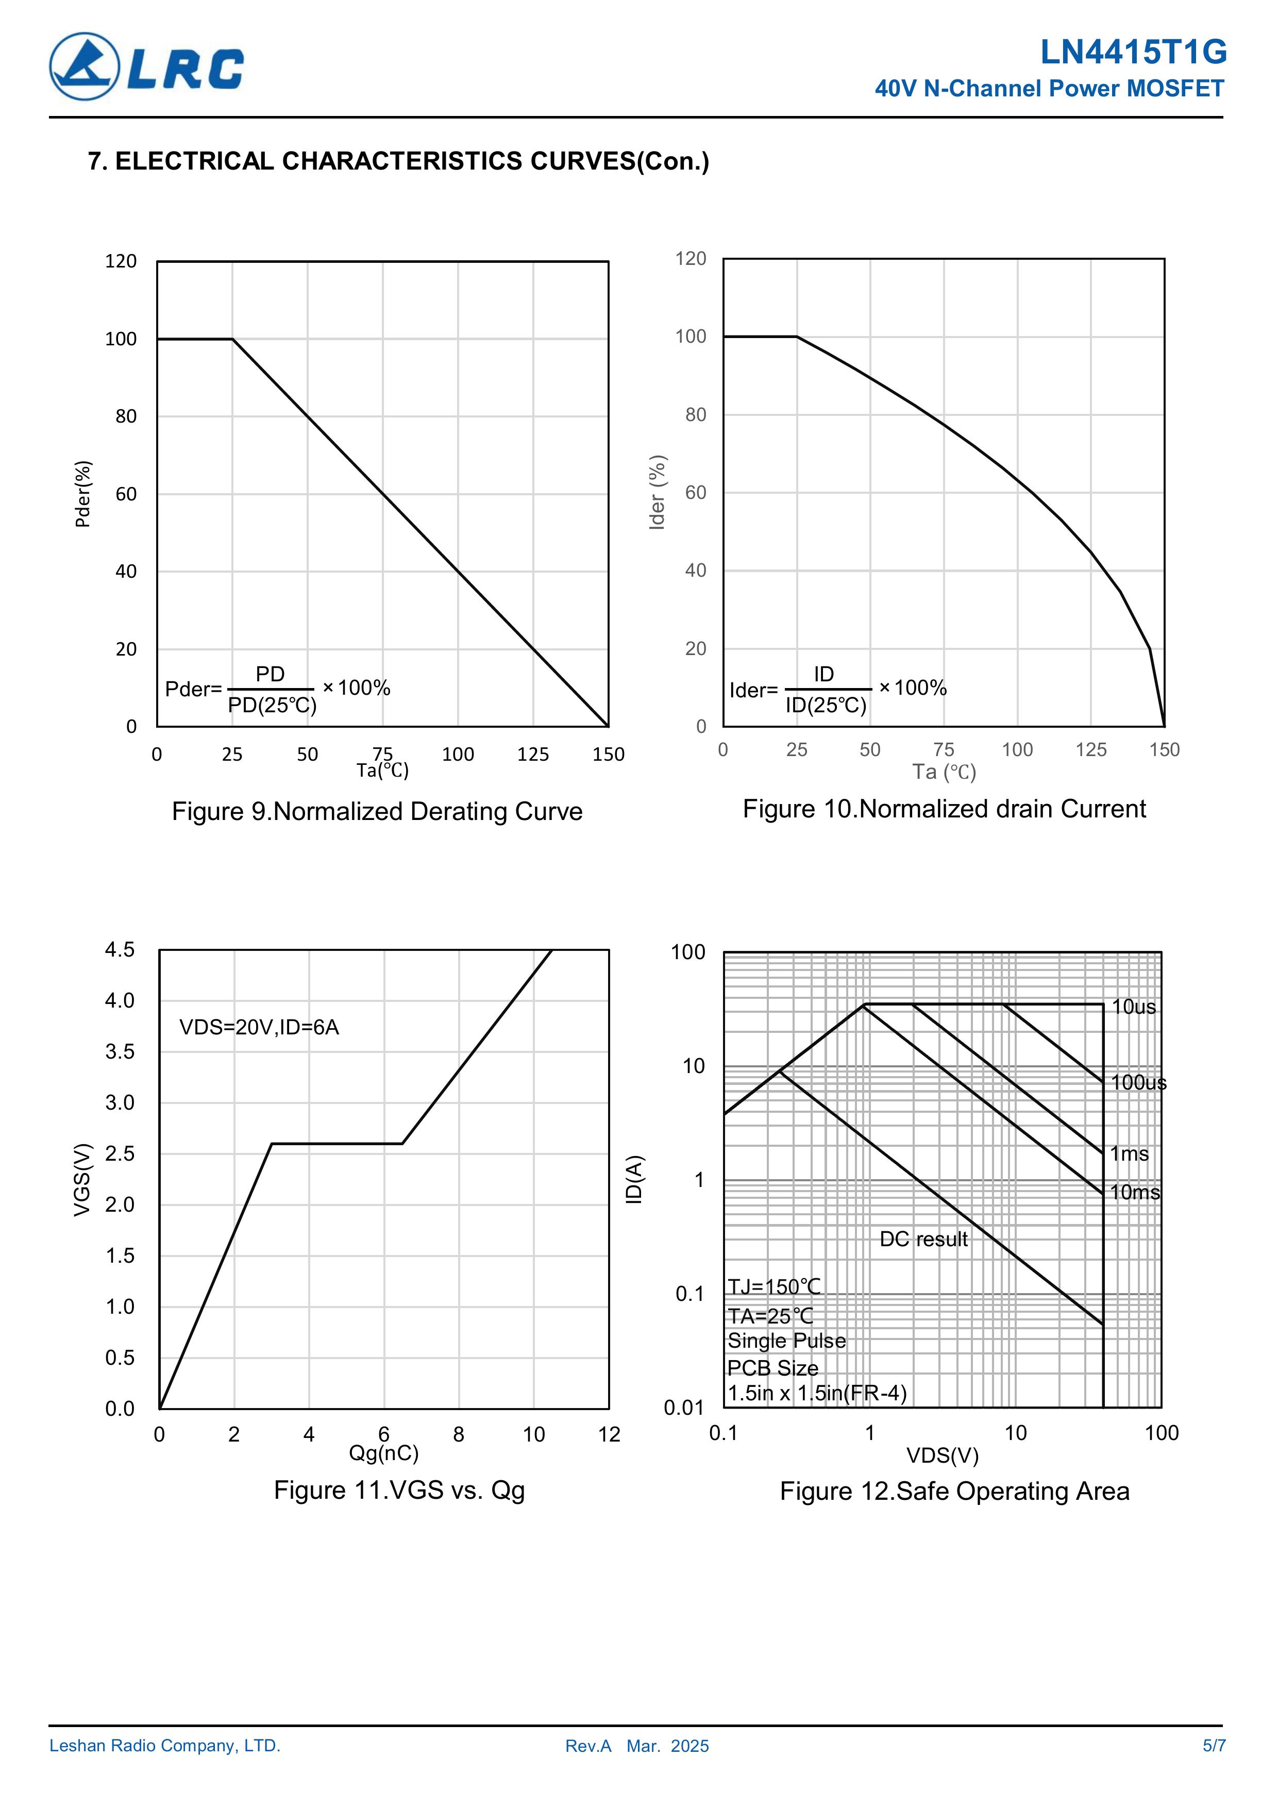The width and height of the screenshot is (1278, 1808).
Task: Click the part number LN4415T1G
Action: (1132, 53)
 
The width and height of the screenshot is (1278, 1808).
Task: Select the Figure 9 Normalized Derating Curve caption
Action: (377, 811)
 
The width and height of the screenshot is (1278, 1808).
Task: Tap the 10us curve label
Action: (1133, 1007)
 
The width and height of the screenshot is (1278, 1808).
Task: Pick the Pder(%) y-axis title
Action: (82, 494)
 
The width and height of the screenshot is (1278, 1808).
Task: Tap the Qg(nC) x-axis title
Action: (383, 1453)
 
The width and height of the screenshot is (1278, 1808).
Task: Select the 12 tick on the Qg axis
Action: (609, 1435)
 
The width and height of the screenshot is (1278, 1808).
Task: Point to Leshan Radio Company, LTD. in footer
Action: (164, 1746)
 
